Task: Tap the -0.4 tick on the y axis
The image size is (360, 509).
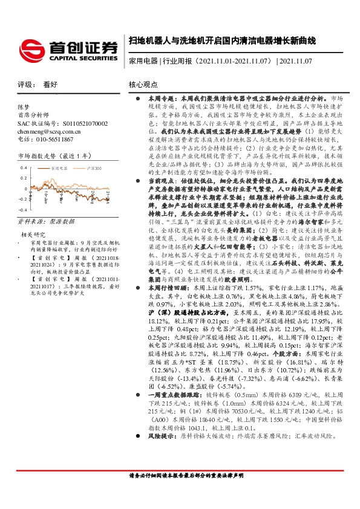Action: click(23, 199)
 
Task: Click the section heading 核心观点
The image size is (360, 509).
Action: click(143, 86)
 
